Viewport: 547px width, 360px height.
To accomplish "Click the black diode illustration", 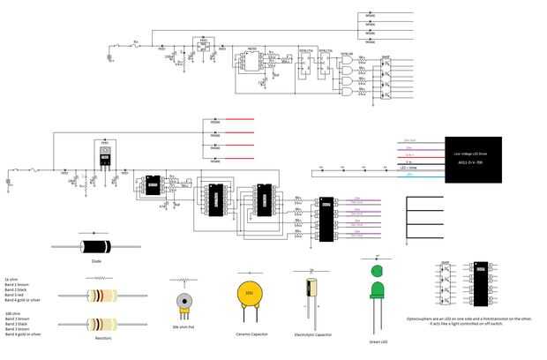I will (x=96, y=246).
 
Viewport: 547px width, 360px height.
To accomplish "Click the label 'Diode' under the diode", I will (x=96, y=261).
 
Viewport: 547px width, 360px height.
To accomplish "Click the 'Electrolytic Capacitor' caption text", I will (x=313, y=335).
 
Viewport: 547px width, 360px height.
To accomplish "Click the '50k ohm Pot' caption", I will (x=184, y=327).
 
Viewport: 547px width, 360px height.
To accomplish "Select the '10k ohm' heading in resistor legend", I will (x=12, y=313).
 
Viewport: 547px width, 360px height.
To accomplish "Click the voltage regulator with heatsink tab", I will (x=105, y=155).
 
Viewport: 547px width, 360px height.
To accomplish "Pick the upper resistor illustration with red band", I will (x=101, y=296).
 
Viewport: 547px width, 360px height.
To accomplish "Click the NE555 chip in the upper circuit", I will (x=251, y=61).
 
